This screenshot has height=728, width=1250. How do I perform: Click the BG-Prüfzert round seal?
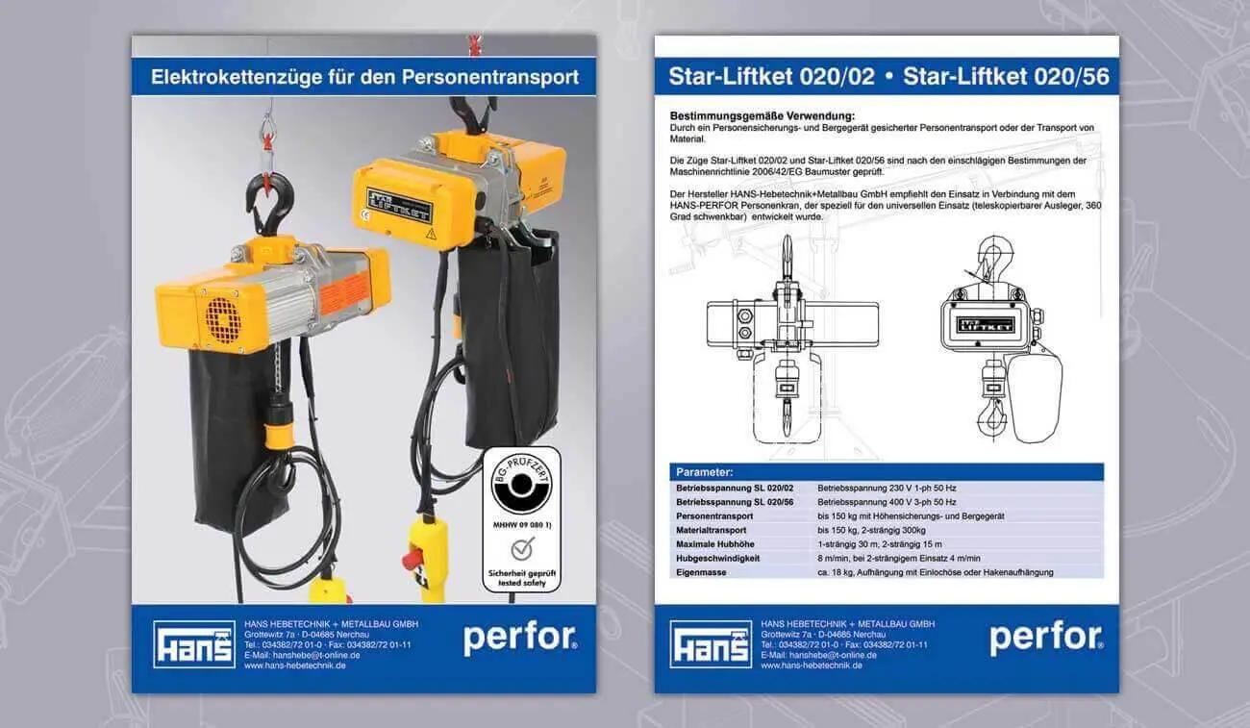(521, 484)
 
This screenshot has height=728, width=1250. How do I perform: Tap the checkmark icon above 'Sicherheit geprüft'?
(522, 549)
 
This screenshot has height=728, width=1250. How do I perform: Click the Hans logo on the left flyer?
(194, 644)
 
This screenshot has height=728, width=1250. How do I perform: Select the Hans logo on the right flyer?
(711, 644)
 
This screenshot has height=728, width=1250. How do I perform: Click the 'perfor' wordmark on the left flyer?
(520, 640)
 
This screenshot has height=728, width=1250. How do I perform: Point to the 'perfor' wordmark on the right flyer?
(1046, 640)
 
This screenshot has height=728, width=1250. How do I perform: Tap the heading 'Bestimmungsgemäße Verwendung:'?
(762, 116)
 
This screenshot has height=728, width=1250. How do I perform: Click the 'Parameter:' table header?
(704, 472)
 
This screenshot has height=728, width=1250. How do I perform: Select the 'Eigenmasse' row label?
(701, 572)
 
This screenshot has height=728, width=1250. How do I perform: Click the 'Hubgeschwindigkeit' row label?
(717, 559)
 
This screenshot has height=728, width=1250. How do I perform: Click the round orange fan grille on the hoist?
(223, 320)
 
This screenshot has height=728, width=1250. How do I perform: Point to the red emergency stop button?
(412, 560)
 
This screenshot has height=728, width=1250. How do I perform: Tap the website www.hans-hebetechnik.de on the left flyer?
(294, 665)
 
